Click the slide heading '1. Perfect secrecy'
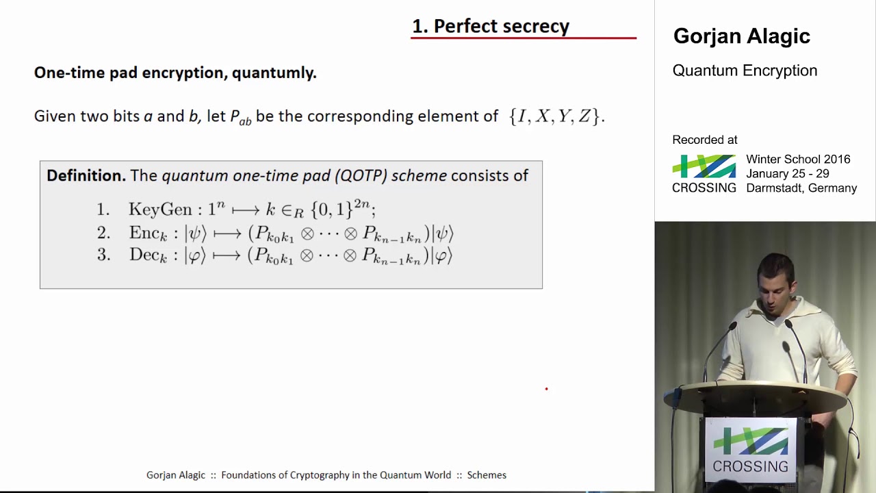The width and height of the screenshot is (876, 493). click(x=490, y=26)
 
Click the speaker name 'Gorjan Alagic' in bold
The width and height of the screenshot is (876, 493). click(x=741, y=36)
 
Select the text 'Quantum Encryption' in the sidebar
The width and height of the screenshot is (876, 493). click(x=745, y=71)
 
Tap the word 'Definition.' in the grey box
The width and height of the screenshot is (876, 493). click(x=86, y=176)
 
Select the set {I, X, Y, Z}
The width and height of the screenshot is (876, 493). click(x=555, y=116)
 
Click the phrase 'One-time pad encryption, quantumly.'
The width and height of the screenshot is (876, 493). click(x=175, y=73)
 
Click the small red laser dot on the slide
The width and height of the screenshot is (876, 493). click(x=546, y=389)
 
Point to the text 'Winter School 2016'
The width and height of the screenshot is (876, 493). click(x=798, y=160)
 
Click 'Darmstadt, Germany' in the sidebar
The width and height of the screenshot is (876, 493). click(x=801, y=188)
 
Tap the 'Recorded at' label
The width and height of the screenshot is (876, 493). click(x=704, y=140)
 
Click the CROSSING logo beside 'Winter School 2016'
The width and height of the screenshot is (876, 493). click(x=704, y=173)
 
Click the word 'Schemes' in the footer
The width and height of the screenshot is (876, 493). click(x=487, y=475)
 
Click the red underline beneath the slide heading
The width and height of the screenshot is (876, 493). click(x=524, y=38)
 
